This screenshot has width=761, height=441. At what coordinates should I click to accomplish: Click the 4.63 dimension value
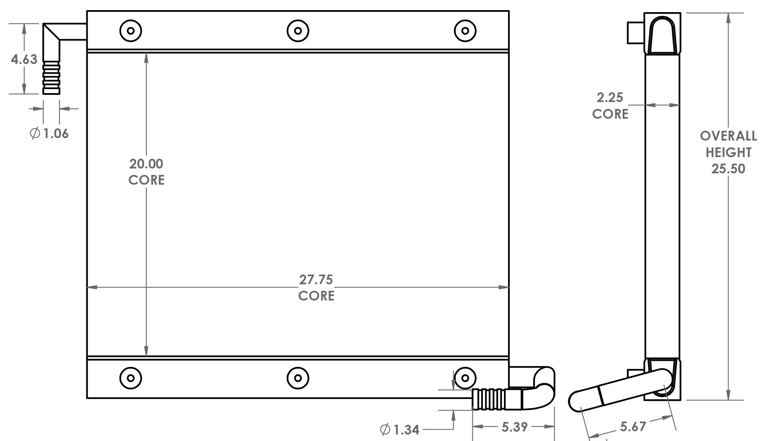(x=24, y=60)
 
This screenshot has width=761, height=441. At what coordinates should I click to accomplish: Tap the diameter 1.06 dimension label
(x=50, y=133)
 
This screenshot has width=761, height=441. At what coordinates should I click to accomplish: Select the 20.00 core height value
(x=146, y=164)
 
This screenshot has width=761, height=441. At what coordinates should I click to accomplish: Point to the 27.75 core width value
(x=316, y=279)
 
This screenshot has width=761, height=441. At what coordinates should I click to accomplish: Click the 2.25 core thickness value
(x=610, y=98)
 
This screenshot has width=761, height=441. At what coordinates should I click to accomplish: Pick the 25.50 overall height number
(x=728, y=168)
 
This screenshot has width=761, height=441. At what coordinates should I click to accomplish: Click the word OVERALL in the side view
(x=728, y=136)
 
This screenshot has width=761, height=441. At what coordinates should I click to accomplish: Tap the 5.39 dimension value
(x=514, y=426)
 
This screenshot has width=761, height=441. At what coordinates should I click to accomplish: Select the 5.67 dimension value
(x=633, y=426)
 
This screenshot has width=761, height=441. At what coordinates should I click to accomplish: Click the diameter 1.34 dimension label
(x=400, y=430)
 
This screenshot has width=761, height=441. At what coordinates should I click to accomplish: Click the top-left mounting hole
(x=131, y=30)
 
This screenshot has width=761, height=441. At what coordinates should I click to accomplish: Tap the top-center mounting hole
(x=298, y=30)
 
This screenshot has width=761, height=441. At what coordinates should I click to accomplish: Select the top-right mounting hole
(x=465, y=30)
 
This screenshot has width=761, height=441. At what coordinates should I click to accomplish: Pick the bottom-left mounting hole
(x=131, y=378)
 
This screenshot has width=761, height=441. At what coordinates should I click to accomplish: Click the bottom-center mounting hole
(x=298, y=378)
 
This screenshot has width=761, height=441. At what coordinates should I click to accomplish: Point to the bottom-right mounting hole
(x=465, y=378)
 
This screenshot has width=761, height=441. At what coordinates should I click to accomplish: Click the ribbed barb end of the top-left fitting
(x=51, y=78)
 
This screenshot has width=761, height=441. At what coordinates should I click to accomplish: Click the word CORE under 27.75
(x=316, y=296)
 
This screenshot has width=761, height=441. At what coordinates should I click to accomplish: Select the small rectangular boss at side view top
(x=635, y=33)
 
